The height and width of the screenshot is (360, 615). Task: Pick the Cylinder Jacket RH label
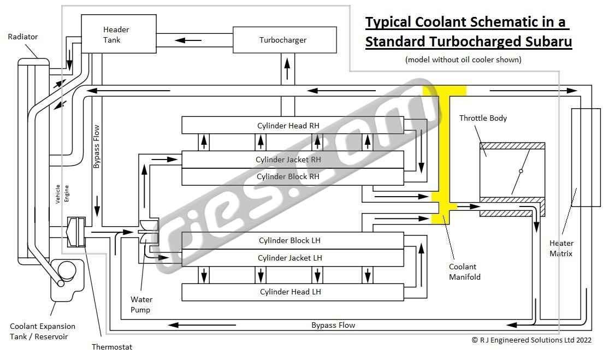point(288,160)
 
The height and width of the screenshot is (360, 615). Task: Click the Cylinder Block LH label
point(289,240)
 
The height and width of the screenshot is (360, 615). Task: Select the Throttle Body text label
point(483,118)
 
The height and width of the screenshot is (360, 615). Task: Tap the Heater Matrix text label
point(561,249)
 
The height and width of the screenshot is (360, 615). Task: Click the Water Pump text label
point(141,305)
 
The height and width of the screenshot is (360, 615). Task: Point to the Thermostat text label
point(111,346)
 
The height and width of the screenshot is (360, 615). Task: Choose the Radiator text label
point(23,37)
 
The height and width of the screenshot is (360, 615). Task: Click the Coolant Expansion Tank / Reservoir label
point(43,332)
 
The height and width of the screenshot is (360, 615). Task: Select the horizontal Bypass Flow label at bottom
point(333,325)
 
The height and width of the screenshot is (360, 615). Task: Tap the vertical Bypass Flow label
point(97,146)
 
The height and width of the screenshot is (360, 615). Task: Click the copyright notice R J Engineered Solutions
point(531,340)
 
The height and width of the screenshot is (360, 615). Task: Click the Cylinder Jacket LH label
point(289,258)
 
